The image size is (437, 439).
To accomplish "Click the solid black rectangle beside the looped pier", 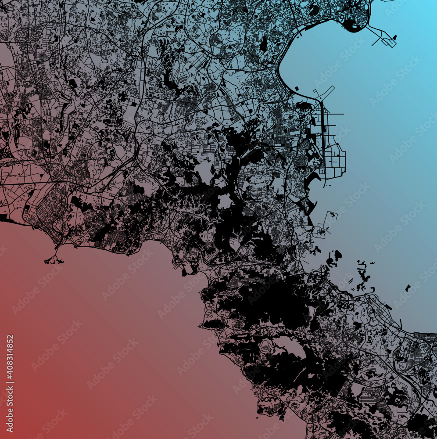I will click(395, 37).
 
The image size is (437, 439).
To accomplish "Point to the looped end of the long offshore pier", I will click(389, 42).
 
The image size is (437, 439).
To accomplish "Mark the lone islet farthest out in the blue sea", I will click(408, 288).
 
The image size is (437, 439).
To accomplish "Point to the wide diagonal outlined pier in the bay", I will click(324, 93).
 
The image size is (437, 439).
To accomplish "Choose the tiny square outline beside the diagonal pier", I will click(297, 89).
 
